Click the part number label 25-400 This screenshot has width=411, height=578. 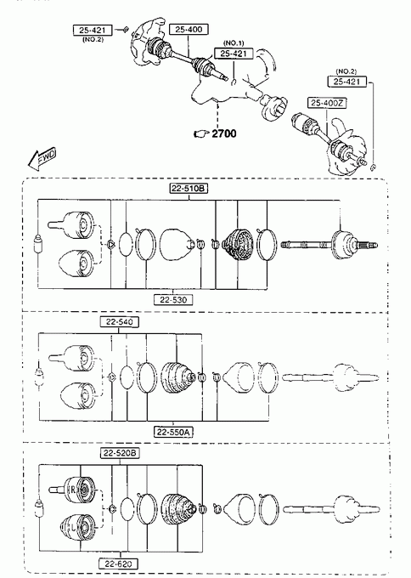click(x=189, y=29)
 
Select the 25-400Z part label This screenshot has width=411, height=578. click(x=326, y=103)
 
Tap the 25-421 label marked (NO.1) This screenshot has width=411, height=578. click(x=234, y=54)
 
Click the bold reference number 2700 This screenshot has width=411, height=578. click(x=224, y=133)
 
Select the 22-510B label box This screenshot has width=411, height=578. click(x=189, y=189)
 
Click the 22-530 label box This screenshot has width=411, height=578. click(x=173, y=300)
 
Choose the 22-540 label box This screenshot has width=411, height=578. click(x=120, y=322)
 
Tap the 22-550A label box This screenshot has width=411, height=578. click(x=173, y=432)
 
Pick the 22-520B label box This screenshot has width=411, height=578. click(x=120, y=453)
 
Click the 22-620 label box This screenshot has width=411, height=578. click(x=118, y=564)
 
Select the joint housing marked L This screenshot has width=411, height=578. click(x=78, y=527)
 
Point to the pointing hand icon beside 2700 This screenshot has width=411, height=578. click(x=201, y=133)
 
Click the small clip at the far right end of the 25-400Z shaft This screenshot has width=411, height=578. click(x=373, y=167)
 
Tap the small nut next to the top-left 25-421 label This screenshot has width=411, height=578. click(x=126, y=30)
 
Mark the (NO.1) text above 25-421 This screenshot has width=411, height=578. click(x=234, y=43)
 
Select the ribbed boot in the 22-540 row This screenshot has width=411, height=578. click(x=177, y=377)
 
